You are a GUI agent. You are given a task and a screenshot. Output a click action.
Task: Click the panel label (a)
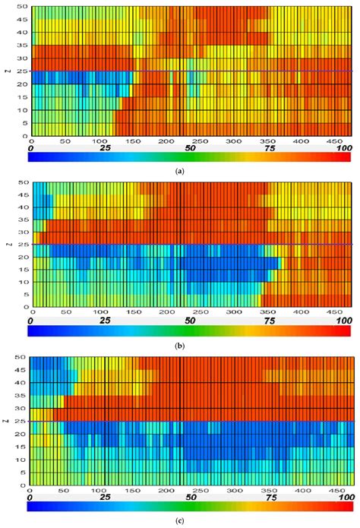(179, 172)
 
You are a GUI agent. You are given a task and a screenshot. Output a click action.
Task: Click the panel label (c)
(179, 520)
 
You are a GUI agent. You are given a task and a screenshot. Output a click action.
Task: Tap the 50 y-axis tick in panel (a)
(24, 8)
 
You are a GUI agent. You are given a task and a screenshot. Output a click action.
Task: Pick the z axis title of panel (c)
(8, 419)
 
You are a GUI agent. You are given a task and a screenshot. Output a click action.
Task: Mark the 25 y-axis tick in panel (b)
(24, 245)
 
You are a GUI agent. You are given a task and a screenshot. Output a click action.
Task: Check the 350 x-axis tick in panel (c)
(268, 487)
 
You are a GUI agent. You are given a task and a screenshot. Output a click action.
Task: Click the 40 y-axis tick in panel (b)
(24, 207)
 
